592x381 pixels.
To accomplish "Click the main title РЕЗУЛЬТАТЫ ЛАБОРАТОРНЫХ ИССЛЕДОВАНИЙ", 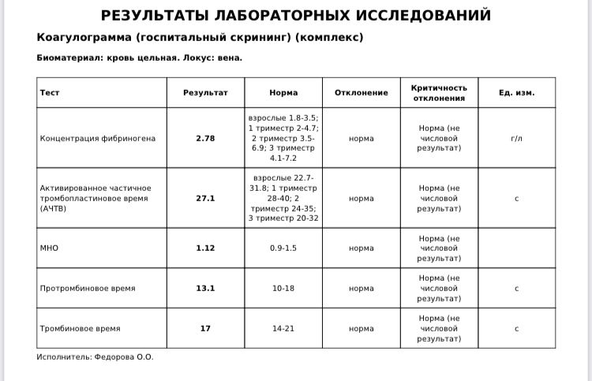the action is tap(296, 16).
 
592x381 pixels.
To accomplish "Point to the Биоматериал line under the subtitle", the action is tap(139, 58).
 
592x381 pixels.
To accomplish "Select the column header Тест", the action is tap(50, 92).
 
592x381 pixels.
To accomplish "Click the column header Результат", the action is tap(205, 92).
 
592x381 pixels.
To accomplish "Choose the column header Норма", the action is tap(283, 92).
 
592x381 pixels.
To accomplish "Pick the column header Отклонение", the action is tap(361, 92).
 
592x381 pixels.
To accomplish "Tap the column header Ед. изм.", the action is tap(516, 92).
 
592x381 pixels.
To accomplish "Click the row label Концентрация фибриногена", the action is tap(98, 138).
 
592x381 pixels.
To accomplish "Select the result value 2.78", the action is tap(205, 138).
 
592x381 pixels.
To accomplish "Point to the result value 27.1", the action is tap(205, 198).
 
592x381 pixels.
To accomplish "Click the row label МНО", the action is tap(49, 248).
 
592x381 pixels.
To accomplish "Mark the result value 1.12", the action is tap(205, 248).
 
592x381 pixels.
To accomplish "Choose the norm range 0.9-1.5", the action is tap(283, 248).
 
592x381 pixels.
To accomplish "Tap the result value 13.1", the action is tap(205, 288).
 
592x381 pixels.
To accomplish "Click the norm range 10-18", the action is tap(283, 288).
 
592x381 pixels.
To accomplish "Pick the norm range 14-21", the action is tap(283, 328).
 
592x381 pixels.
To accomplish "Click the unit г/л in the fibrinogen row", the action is tap(516, 138).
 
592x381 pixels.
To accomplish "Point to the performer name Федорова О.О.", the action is tap(124, 357).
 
